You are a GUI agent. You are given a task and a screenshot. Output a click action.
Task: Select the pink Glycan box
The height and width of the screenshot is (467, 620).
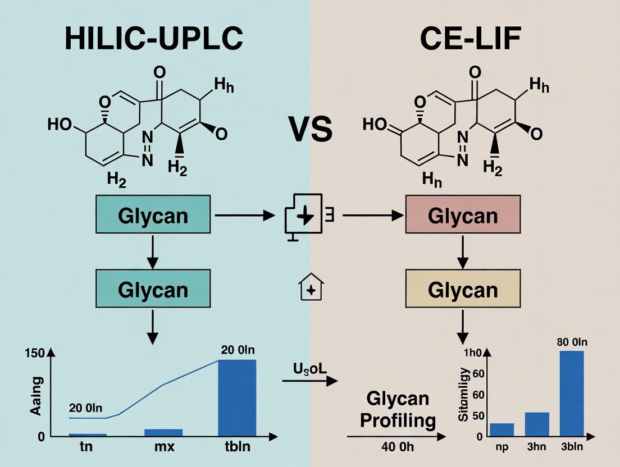[x=463, y=216]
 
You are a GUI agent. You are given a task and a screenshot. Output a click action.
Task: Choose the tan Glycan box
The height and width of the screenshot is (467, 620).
[x=463, y=290]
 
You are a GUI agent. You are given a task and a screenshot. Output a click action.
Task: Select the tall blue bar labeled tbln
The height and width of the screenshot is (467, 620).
[x=236, y=398]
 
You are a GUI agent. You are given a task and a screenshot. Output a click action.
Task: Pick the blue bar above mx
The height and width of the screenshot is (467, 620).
[x=163, y=432]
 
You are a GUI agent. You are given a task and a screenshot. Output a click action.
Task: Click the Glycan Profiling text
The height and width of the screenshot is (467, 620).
[x=398, y=409]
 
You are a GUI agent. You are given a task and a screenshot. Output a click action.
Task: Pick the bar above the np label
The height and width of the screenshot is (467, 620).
[x=502, y=429]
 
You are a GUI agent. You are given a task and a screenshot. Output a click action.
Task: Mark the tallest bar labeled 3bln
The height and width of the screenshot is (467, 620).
[x=572, y=393]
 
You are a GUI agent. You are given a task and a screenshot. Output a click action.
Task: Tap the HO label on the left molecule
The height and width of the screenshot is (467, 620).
[x=61, y=124]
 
